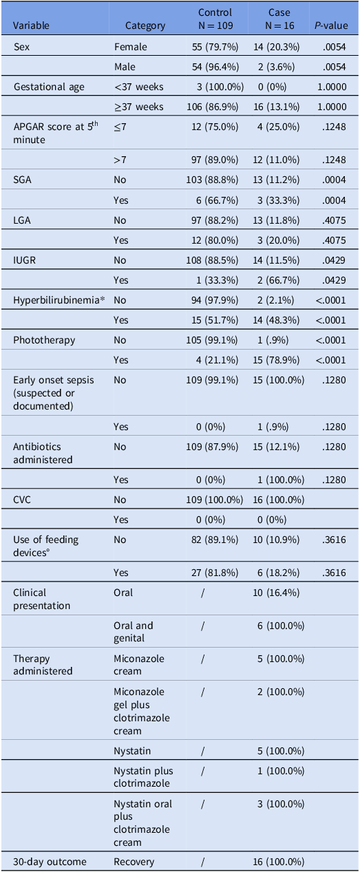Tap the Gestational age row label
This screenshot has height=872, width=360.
[48, 87]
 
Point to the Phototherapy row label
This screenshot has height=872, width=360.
[44, 340]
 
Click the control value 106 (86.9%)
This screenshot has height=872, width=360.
[215, 107]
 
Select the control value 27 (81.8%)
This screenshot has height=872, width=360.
[215, 572]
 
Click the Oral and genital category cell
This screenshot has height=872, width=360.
[134, 632]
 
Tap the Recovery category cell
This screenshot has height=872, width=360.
[134, 862]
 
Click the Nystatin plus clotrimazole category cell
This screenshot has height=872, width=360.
[142, 776]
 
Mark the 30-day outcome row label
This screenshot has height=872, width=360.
[47, 862]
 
